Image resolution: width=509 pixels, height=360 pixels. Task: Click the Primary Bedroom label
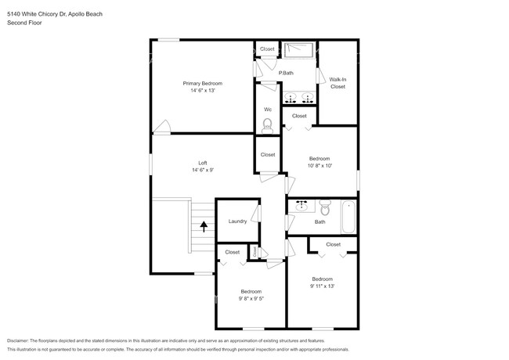(202, 83)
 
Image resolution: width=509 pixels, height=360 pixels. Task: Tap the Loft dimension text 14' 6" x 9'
(202, 170)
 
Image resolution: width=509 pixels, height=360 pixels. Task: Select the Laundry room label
(237, 221)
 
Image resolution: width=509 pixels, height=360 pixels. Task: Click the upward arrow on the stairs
(204, 227)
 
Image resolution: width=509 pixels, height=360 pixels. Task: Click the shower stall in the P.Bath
(298, 50)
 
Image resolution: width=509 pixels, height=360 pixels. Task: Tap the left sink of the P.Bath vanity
(291, 99)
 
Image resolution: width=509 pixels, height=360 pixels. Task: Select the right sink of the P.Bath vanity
(308, 99)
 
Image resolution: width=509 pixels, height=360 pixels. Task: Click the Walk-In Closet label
(338, 83)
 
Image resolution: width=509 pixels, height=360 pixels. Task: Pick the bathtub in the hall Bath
(348, 216)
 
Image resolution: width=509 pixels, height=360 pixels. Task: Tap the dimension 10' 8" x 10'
(319, 166)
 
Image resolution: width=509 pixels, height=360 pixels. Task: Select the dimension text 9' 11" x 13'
(323, 286)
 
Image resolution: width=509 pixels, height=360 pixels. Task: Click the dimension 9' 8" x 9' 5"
(251, 298)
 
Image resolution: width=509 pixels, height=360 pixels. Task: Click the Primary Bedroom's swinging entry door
(162, 127)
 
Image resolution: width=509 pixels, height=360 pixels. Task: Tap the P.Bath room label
(286, 73)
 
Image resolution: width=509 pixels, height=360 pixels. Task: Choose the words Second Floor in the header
(24, 23)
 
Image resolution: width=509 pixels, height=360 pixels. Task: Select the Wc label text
(268, 109)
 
